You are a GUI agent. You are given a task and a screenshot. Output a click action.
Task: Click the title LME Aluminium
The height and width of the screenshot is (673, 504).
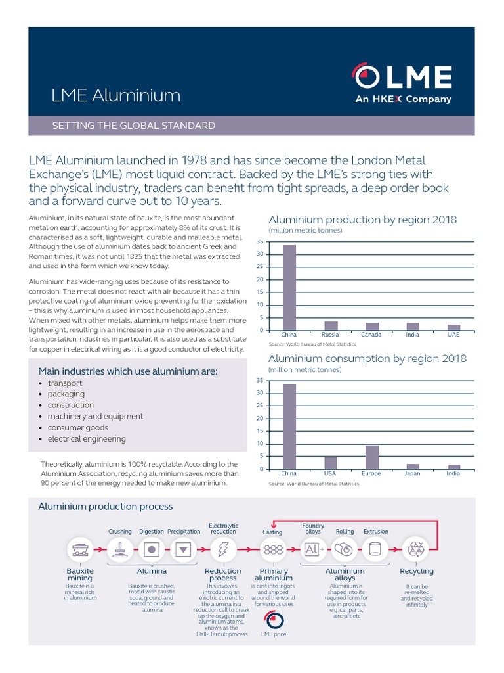pos(115,95)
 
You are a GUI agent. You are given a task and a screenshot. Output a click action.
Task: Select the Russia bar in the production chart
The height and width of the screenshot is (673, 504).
pos(331,325)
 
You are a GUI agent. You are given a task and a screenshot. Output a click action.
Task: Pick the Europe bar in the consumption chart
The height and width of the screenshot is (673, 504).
pos(372,457)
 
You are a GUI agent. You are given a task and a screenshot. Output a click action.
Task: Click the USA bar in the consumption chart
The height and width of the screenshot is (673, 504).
pos(331,463)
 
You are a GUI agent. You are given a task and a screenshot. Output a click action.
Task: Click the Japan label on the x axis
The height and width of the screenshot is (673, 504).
pos(413,473)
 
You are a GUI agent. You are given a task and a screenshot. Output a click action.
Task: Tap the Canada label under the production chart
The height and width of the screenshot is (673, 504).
pos(371,335)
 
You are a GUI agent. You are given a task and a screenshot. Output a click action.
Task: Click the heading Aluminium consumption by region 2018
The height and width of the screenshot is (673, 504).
pos(367,358)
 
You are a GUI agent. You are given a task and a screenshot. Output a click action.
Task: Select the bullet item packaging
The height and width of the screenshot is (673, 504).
pos(66,394)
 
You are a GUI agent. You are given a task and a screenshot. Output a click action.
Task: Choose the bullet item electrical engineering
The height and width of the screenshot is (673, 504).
pos(87,438)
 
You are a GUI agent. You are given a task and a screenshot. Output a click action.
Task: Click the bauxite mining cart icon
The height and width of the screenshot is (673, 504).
pos(80,549)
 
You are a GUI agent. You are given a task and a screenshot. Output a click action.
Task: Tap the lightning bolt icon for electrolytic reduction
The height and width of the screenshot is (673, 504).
pos(222,549)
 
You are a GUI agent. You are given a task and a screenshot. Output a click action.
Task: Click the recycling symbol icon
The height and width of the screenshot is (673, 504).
pos(417,549)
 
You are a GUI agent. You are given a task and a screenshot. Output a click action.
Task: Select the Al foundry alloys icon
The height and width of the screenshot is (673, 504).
pos(312,549)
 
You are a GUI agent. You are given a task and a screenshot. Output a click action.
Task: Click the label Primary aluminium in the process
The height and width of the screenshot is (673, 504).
pos(273,574)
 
